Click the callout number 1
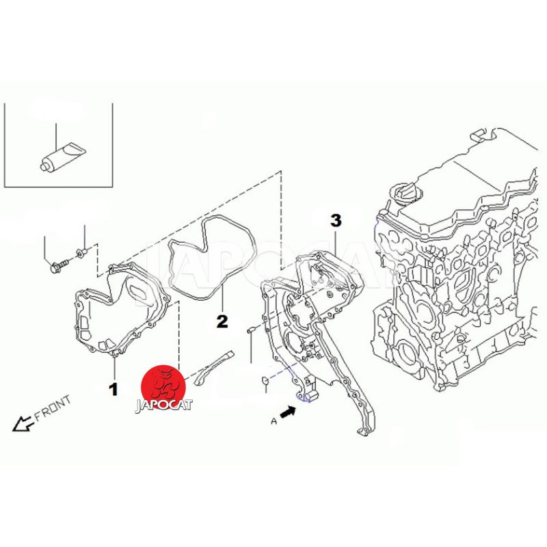click(x=114, y=389)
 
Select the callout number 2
click(x=222, y=321)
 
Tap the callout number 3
click(x=336, y=220)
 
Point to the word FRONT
click(x=53, y=408)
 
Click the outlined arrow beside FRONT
click(x=23, y=423)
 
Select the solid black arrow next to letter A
click(x=288, y=412)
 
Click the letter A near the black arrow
click(x=274, y=421)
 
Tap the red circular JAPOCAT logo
click(x=163, y=386)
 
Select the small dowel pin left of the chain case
click(x=251, y=330)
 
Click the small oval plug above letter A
click(x=265, y=380)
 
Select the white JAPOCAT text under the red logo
click(x=164, y=405)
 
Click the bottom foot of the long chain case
click(x=364, y=431)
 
